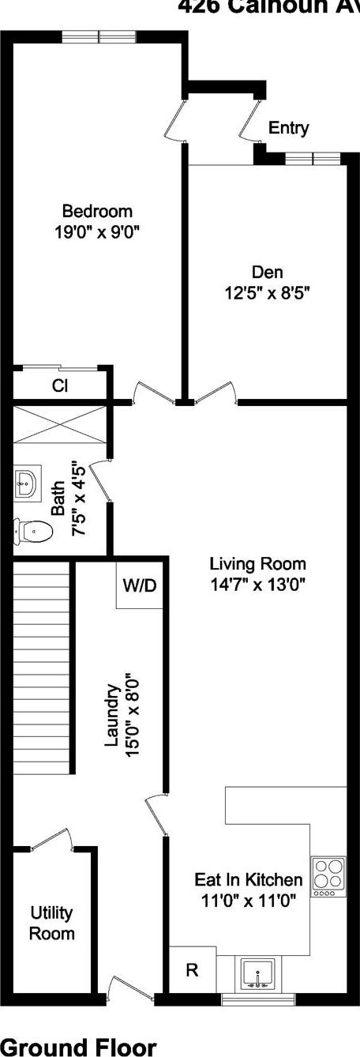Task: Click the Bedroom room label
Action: click(x=97, y=212)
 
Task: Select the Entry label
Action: click(x=289, y=128)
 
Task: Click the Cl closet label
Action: click(x=61, y=386)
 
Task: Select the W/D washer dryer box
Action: click(x=140, y=585)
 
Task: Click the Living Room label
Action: click(x=257, y=564)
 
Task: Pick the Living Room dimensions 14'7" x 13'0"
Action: click(x=257, y=585)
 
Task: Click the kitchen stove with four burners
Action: click(x=328, y=875)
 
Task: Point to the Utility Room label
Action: click(x=52, y=923)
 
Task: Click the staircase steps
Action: click(x=40, y=671)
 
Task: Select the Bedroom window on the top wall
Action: click(x=99, y=36)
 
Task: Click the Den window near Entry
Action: click(x=313, y=159)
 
